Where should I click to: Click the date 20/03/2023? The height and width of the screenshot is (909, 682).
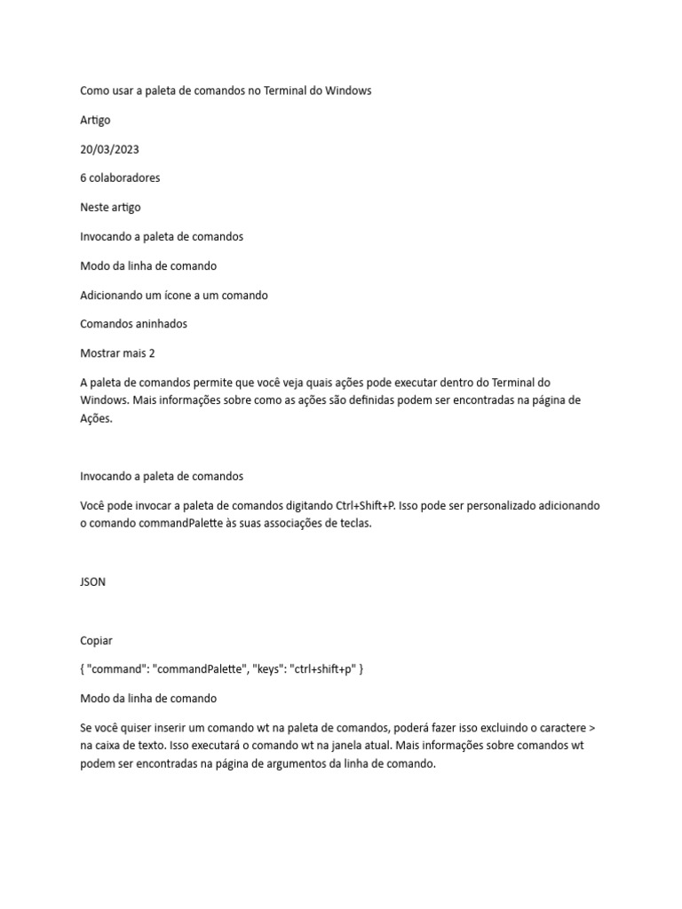(109, 149)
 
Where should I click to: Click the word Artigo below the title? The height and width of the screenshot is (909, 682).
(96, 120)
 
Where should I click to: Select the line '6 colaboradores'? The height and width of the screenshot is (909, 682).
(120, 178)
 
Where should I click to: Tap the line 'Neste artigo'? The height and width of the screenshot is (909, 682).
(110, 207)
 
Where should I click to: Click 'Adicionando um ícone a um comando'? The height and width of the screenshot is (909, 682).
(174, 295)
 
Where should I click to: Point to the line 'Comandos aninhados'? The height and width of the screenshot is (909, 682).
(133, 324)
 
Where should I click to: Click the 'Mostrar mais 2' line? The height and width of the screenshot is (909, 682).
(117, 352)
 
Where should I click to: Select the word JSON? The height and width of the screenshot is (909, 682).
(93, 581)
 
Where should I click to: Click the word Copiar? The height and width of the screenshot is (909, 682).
(97, 640)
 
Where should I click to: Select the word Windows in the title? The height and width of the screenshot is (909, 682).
(349, 91)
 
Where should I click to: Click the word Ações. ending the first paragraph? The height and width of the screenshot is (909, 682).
(98, 418)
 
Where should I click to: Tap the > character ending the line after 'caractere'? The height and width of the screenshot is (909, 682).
(592, 728)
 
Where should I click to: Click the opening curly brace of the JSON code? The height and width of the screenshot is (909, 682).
(83, 669)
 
